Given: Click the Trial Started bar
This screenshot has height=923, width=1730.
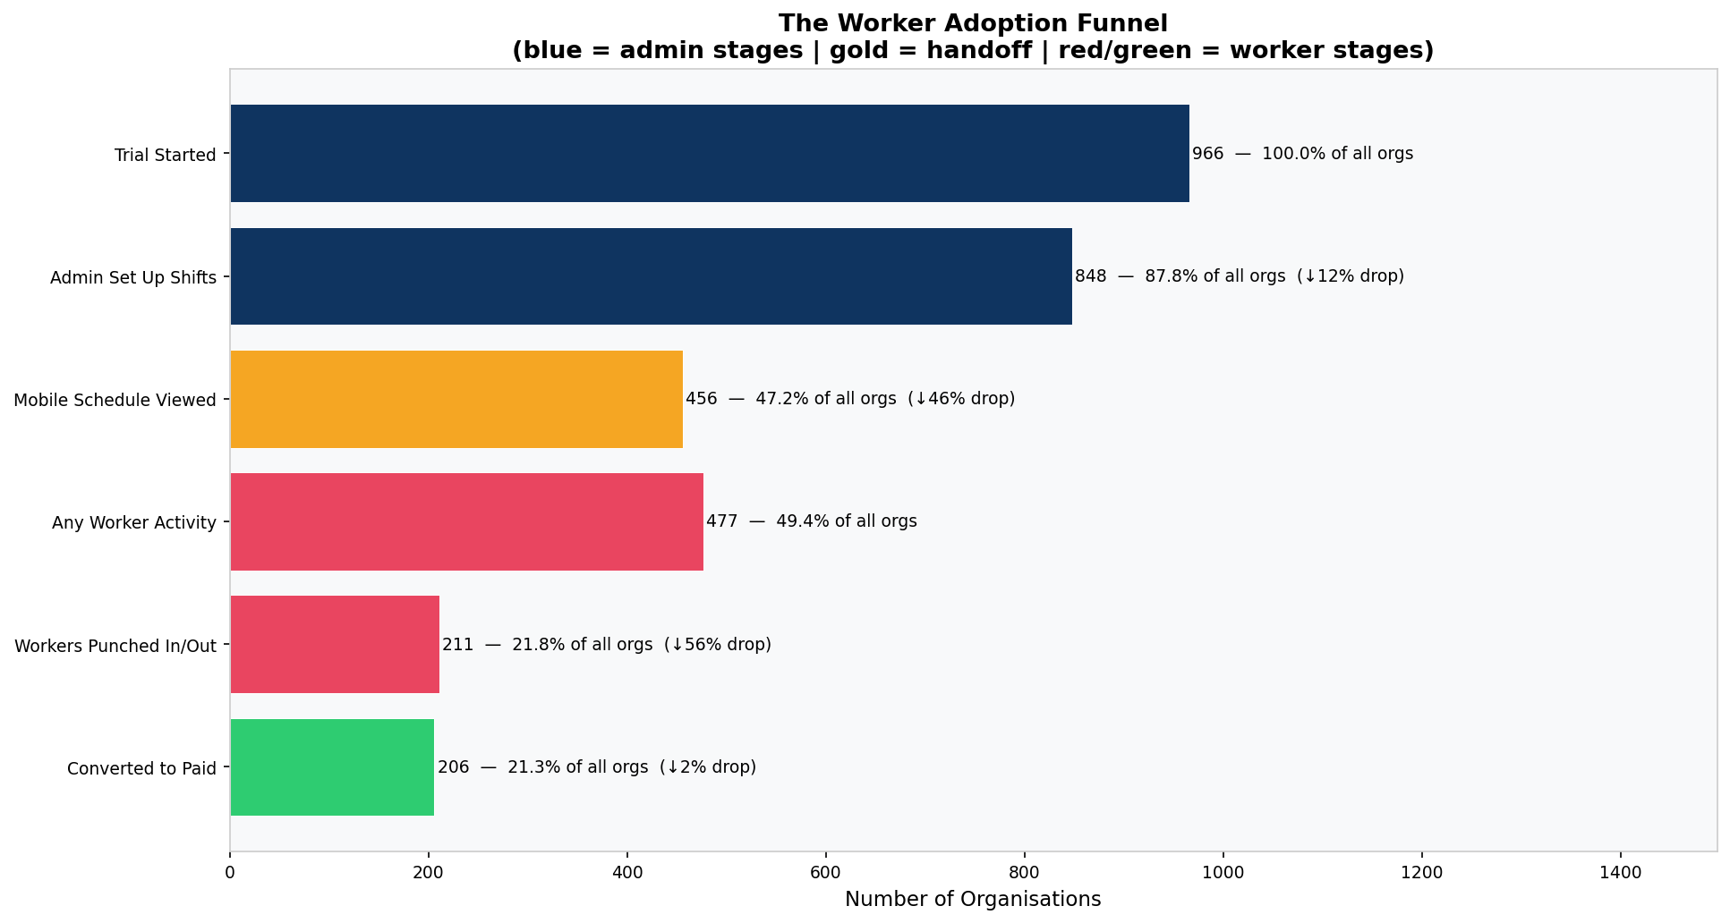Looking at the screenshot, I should [709, 153].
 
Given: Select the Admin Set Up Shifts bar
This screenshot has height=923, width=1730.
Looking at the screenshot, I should [651, 276].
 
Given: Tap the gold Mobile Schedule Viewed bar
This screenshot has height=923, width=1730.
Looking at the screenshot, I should [456, 399].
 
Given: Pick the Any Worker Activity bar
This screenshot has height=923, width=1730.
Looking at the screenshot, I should [466, 521].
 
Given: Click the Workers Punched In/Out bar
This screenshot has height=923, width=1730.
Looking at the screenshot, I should [335, 644].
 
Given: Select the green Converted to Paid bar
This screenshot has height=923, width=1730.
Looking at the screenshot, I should [332, 766].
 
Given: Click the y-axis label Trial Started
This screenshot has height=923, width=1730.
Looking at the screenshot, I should [165, 156].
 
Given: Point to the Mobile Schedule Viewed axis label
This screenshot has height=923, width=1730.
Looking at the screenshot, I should [115, 401].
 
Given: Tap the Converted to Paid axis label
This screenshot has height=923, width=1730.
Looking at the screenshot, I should [141, 768].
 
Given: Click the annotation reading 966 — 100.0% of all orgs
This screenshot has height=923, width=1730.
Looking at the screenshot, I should [1302, 154].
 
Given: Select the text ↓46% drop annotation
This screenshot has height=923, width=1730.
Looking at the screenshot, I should [961, 399].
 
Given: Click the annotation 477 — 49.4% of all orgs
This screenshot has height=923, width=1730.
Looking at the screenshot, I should [811, 521].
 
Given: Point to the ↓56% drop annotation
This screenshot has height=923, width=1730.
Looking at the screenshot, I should [718, 645].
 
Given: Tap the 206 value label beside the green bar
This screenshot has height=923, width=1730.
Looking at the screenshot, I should [453, 767].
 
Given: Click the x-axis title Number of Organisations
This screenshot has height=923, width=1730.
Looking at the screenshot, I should [973, 900].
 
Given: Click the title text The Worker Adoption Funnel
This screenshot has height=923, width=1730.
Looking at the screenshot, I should [973, 23].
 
